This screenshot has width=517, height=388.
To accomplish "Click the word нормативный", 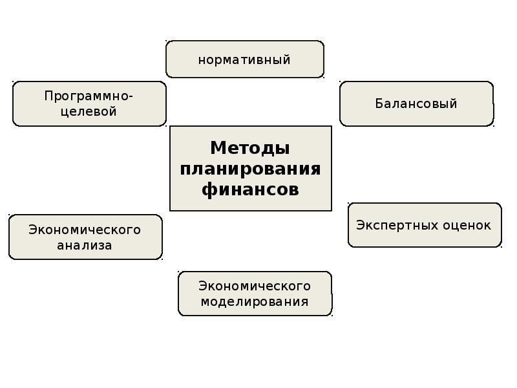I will tap(244, 60).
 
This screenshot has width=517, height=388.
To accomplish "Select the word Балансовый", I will tap(416, 103).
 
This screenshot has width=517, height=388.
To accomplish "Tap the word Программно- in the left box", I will tap(89, 96).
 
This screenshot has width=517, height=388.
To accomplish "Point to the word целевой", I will tap(89, 111).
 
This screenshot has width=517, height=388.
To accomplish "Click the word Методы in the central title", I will tap(250, 148).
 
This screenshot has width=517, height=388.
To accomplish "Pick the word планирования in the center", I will tap(250, 169).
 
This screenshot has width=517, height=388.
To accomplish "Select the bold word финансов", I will tap(250, 189).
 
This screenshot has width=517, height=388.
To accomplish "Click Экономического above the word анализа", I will tap(85, 230).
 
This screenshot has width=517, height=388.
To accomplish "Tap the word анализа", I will tap(85, 245).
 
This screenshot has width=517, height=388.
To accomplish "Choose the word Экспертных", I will tap(397, 225).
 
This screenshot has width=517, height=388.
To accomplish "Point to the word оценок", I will tap(467, 225).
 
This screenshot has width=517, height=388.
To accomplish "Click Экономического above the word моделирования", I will tap(255, 286).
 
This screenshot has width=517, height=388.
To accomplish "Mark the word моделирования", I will tap(255, 301).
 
